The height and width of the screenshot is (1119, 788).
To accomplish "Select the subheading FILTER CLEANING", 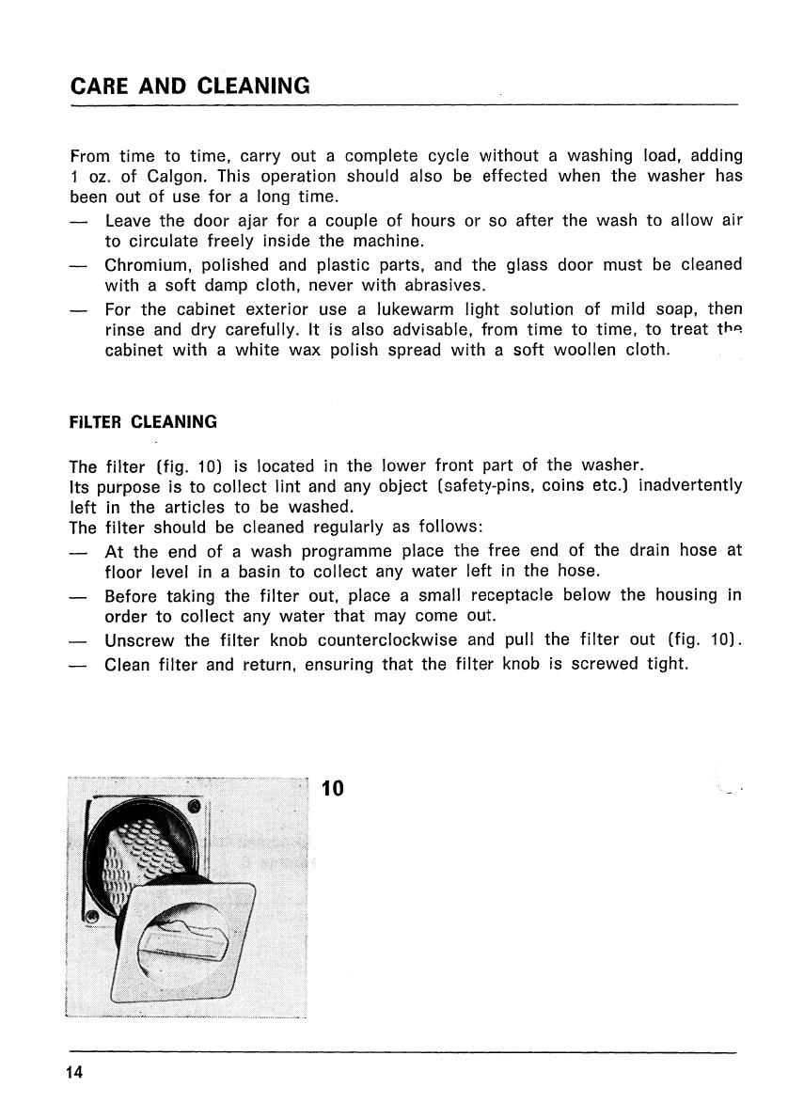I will [x=143, y=422].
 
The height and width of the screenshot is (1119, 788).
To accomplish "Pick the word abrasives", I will [x=446, y=286].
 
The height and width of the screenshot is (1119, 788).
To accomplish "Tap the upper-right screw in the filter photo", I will [x=194, y=807].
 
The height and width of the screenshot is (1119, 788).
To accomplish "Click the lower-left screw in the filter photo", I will [x=92, y=915].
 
